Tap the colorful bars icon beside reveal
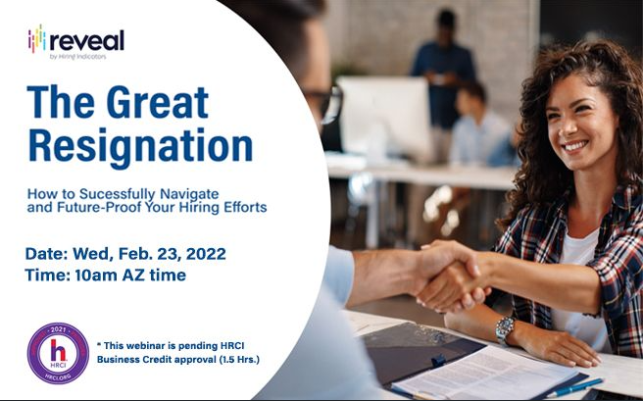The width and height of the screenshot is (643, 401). tap(36, 40)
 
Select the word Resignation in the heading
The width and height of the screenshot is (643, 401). tap(140, 145)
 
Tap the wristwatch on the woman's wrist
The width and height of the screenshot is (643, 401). tap(504, 328)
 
